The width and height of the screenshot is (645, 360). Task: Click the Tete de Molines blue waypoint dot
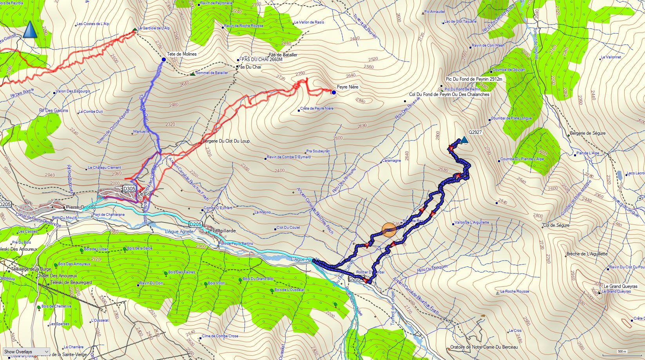pyautogui.click(x=163, y=60)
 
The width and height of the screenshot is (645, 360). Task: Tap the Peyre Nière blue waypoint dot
pyautogui.click(x=333, y=92)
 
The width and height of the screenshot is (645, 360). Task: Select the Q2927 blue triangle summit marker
pyautogui.click(x=464, y=139)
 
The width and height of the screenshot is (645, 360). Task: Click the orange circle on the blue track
pyautogui.click(x=389, y=230)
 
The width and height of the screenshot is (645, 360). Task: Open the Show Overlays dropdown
pyautogui.click(x=26, y=352)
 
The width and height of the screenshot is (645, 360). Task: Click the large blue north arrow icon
pyautogui.click(x=30, y=30)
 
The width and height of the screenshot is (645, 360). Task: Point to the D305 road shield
pyautogui.click(x=129, y=189)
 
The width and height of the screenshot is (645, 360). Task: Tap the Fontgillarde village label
pyautogui.click(x=223, y=231)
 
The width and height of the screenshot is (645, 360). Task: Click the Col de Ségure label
pyautogui.click(x=556, y=225)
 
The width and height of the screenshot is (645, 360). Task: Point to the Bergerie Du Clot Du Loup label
pyautogui.click(x=226, y=141)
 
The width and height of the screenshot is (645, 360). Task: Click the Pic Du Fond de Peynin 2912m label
pyautogui.click(x=474, y=79)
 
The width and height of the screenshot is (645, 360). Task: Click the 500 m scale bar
pyautogui.click(x=622, y=351)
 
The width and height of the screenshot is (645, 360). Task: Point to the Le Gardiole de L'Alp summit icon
pyautogui.click(x=135, y=29)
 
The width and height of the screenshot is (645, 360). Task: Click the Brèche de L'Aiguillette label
pyautogui.click(x=587, y=254)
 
